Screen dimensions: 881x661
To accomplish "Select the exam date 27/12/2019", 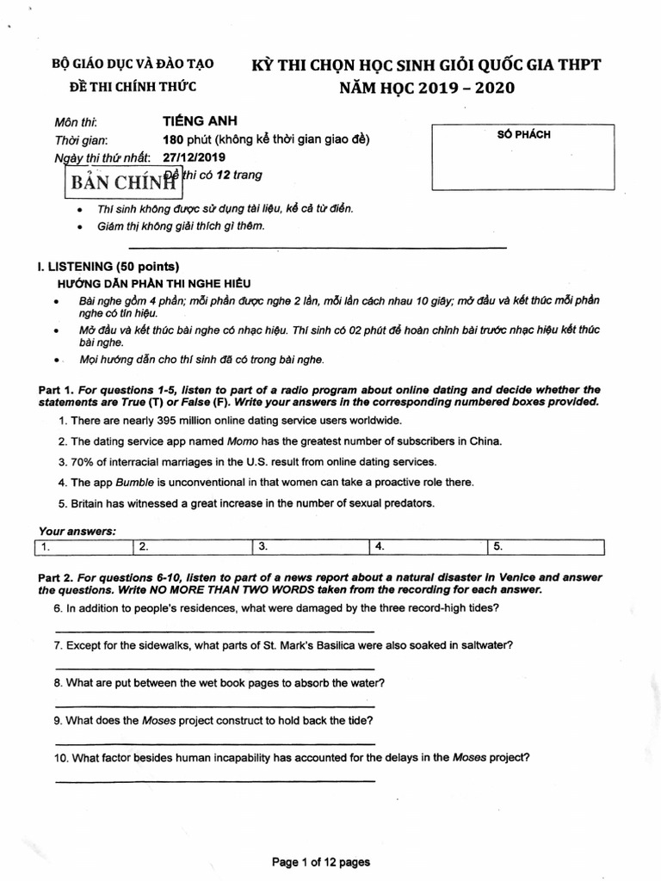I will (192, 157).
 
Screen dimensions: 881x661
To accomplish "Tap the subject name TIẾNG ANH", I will (200, 122).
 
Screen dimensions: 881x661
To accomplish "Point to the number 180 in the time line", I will (172, 140).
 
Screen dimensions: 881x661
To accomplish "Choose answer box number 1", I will (83, 546).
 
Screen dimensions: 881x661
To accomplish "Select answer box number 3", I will (310, 546).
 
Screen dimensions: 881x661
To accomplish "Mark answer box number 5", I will (546, 546).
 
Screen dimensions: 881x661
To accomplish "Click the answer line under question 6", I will (214, 631).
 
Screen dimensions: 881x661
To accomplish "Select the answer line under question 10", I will (214, 781).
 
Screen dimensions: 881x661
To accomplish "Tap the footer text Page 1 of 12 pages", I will (320, 862).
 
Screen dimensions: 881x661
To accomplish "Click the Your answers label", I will (77, 530).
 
